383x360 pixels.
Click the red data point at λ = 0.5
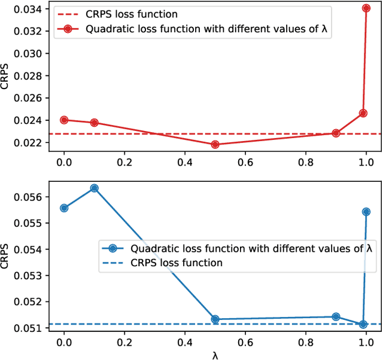[215, 144]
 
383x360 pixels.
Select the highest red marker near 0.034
[366, 8]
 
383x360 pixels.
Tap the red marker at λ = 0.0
[64, 120]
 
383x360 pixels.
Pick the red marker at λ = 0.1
[95, 123]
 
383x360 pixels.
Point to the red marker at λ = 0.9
[336, 133]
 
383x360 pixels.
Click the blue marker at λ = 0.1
[95, 188]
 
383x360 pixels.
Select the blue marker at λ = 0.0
[64, 208]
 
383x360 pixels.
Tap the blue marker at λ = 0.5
[215, 319]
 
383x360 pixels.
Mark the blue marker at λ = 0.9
[336, 316]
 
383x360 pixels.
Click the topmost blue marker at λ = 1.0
[366, 212]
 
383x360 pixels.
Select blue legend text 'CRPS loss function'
[177, 263]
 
